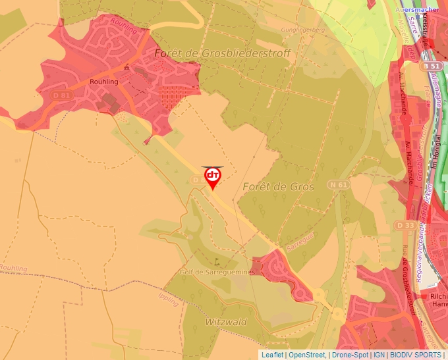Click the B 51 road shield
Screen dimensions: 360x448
pyautogui.click(x=431, y=66)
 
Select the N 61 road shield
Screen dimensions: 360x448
pyautogui.click(x=339, y=185)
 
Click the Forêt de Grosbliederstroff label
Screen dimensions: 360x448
pyautogui.click(x=222, y=53)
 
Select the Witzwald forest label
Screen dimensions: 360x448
pyautogui.click(x=225, y=322)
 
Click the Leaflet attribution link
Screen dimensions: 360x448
pyautogui.click(x=272, y=355)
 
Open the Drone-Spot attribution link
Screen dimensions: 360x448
pyautogui.click(x=350, y=355)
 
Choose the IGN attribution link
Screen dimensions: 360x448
pyautogui.click(x=379, y=355)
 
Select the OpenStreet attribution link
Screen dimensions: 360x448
pyautogui.click(x=307, y=355)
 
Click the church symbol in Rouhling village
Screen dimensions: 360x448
pyautogui.click(x=126, y=66)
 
